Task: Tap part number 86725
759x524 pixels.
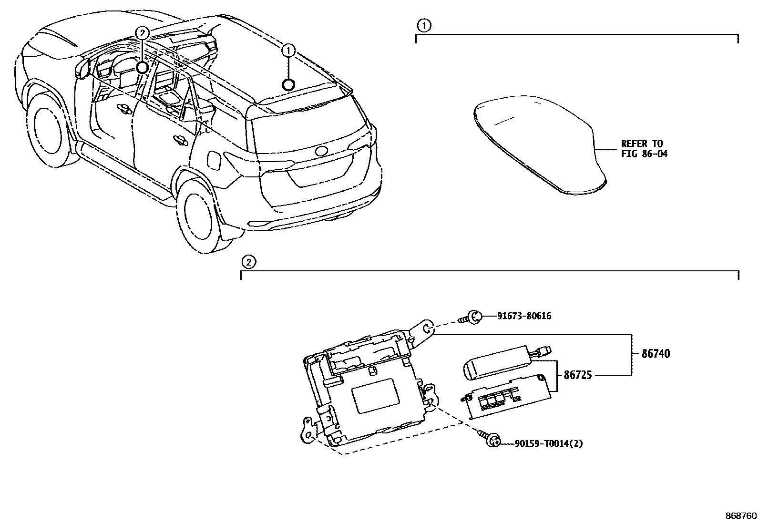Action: (578, 375)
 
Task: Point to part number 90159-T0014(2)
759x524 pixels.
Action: (548, 443)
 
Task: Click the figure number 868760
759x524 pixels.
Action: (740, 516)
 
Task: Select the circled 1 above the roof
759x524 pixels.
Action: (289, 49)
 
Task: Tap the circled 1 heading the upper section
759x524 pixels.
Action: (423, 25)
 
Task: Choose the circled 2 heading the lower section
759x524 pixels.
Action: (248, 261)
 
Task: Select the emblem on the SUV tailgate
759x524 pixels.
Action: (321, 151)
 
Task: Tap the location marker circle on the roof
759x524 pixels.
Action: (288, 85)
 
